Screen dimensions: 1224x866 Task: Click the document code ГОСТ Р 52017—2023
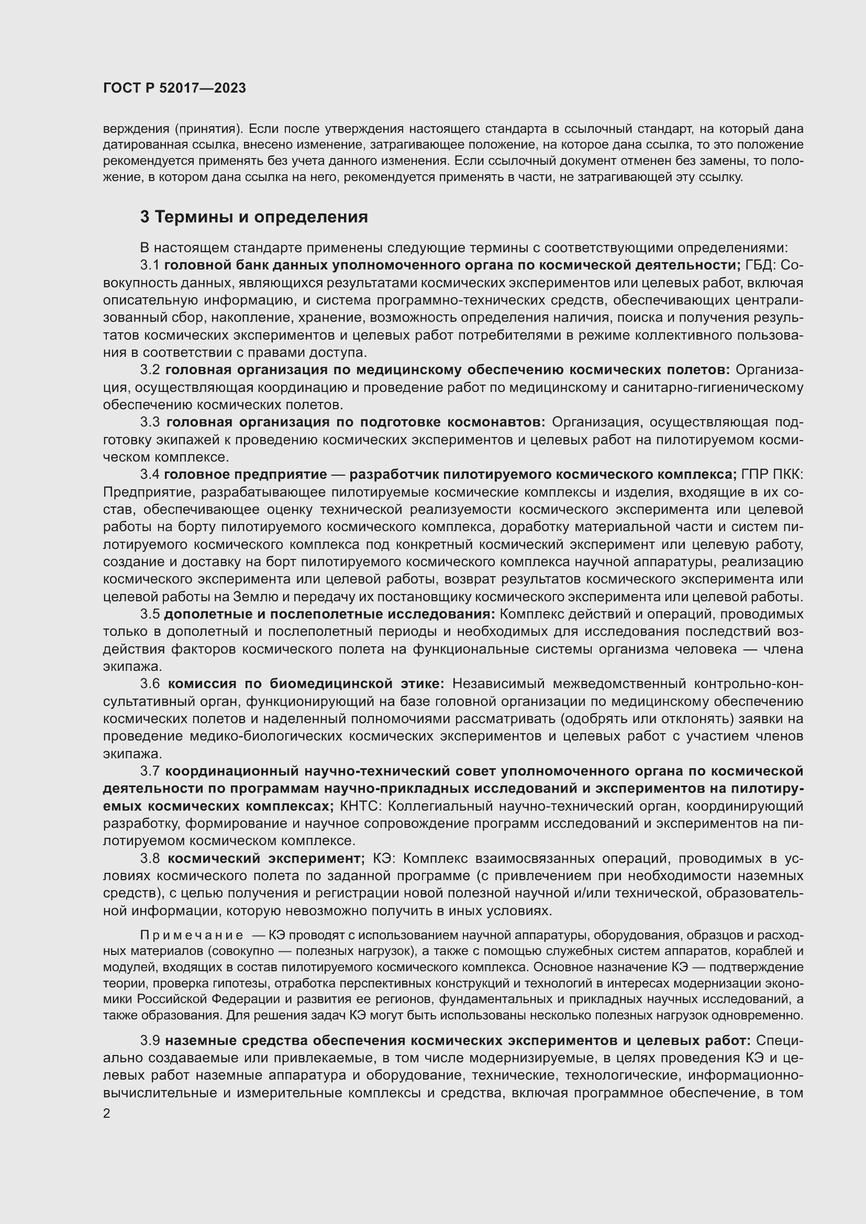(174, 88)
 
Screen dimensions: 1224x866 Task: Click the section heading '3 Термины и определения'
(254, 217)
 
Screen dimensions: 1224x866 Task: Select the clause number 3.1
(150, 265)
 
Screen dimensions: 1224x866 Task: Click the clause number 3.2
(150, 370)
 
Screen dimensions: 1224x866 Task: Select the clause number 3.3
(150, 422)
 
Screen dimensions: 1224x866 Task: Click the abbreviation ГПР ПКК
(772, 475)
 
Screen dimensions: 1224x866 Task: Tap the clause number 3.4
(150, 475)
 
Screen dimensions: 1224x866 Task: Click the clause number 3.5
(150, 614)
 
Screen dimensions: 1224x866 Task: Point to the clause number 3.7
(150, 771)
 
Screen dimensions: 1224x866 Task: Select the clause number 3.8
(150, 858)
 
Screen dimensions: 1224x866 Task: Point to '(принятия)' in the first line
(208, 129)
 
